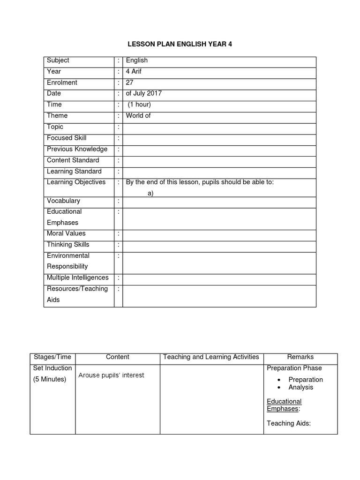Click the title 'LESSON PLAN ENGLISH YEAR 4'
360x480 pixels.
coord(180,45)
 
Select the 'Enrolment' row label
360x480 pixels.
coord(62,82)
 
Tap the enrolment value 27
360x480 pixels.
coord(130,82)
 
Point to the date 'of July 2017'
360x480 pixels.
coord(143,93)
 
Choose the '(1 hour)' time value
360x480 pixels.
coord(139,105)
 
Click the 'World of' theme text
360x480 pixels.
coord(138,115)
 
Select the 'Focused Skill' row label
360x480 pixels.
coord(67,138)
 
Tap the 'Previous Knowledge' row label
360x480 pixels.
coord(77,149)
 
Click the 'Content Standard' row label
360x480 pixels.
coord(73,160)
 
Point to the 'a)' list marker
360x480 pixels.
coord(150,193)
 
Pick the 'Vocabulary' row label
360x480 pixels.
coord(63,201)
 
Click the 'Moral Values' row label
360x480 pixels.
coord(66,233)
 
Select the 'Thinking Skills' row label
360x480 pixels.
coord(68,244)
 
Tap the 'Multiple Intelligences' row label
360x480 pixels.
coord(77,277)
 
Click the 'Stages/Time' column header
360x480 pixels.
coord(52,357)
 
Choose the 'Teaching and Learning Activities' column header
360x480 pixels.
coord(211,357)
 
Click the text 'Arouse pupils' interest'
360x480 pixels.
coord(111,375)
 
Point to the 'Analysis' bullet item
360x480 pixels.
coord(300,387)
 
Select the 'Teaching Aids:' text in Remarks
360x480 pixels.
coord(289,423)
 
